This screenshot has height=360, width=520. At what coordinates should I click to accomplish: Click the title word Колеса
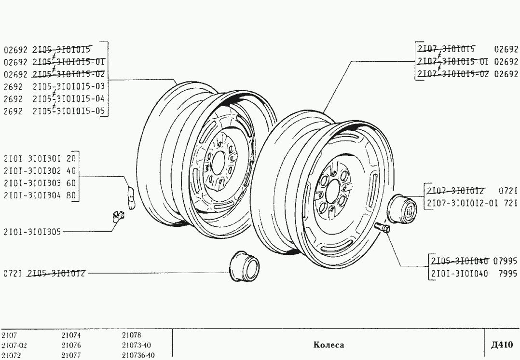[x=328, y=345]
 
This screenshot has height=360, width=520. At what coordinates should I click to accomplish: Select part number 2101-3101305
[x=32, y=232]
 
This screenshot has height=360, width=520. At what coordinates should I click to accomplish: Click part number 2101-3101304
[x=32, y=195]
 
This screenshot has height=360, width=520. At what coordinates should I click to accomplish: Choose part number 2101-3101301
[x=32, y=158]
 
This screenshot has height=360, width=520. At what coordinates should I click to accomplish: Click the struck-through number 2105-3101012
[x=57, y=274]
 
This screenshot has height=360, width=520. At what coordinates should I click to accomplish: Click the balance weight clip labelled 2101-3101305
[x=115, y=215]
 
